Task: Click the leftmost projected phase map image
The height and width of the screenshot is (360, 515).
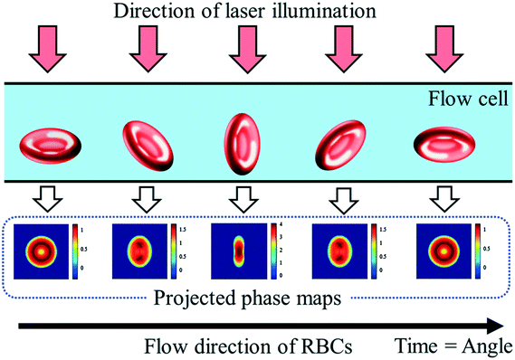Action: click(x=40, y=248)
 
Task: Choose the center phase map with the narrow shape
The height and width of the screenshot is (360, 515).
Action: click(x=234, y=248)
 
